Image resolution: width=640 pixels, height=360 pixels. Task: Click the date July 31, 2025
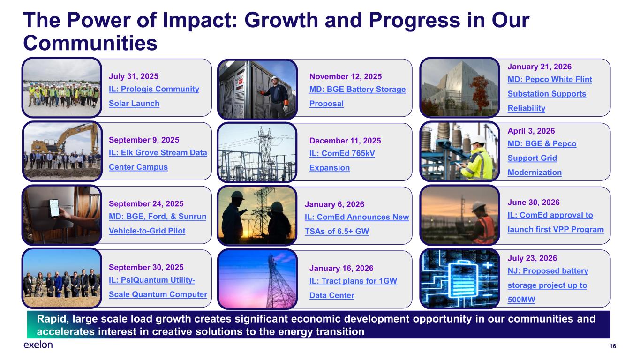coord(134,76)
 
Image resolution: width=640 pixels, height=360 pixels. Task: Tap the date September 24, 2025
coord(146,204)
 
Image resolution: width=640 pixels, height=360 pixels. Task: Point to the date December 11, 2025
coord(345,141)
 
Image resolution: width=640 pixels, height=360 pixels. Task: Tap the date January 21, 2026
coord(539,67)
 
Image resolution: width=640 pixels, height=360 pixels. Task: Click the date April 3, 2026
coord(531,131)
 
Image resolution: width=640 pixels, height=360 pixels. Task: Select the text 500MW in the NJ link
coord(521,300)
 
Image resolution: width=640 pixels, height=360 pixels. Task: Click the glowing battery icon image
coord(459,279)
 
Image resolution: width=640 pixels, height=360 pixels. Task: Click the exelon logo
coord(38,345)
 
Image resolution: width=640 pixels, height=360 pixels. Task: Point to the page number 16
coord(612,346)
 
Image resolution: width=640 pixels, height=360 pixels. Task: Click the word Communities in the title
coord(90,43)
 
